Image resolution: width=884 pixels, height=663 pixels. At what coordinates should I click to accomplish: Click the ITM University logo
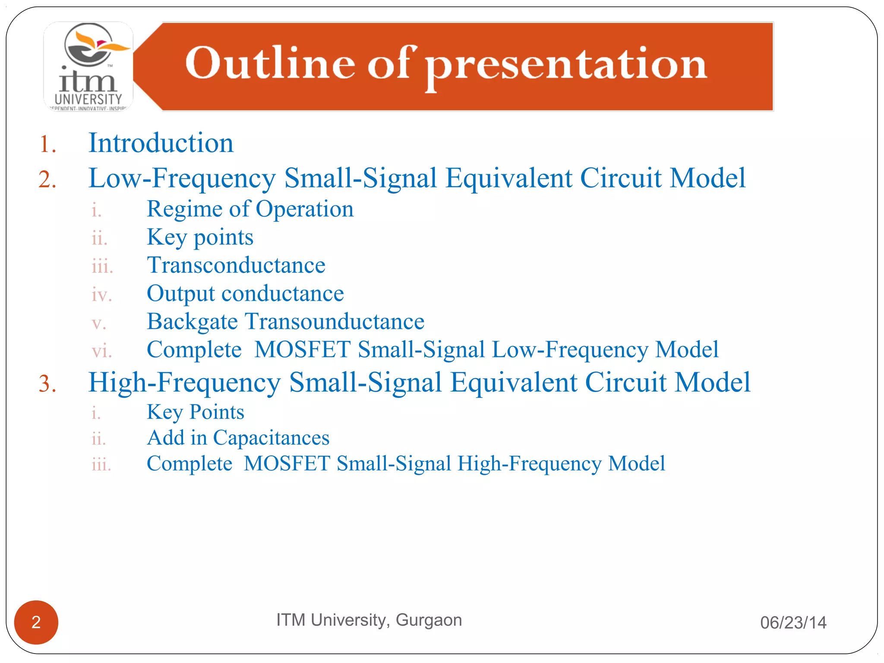coord(88,66)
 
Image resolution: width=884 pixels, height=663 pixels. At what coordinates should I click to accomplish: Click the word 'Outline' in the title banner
coord(270,63)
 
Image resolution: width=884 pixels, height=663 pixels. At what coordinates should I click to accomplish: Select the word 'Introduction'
coord(161,143)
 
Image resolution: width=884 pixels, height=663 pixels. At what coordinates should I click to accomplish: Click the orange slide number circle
coord(36,622)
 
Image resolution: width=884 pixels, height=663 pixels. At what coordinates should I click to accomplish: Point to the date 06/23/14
coord(793,622)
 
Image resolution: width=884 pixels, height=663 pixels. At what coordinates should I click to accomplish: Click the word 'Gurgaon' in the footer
coord(429,620)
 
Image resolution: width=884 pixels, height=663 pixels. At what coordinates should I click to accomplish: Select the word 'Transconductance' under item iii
coord(236,265)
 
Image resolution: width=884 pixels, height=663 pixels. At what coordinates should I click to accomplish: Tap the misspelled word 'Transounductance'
coord(335,322)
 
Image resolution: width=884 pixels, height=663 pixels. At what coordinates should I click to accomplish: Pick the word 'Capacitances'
coord(271,438)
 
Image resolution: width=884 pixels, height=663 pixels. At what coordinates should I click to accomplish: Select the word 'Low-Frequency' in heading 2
coord(182,178)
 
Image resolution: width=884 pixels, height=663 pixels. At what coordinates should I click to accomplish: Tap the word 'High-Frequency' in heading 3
coord(184,382)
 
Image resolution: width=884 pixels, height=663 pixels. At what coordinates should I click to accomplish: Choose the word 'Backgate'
coord(192,322)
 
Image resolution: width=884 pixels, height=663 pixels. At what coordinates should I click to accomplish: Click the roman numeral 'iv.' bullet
coord(102,295)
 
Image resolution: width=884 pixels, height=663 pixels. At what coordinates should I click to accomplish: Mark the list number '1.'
coord(47,144)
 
